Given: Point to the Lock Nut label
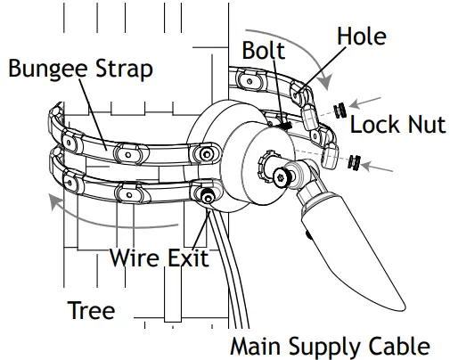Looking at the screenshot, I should (397, 124).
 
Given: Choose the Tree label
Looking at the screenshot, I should (91, 310).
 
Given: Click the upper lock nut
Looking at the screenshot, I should (340, 111).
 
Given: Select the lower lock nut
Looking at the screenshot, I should (356, 162).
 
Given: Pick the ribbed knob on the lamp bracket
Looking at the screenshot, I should (265, 167).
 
